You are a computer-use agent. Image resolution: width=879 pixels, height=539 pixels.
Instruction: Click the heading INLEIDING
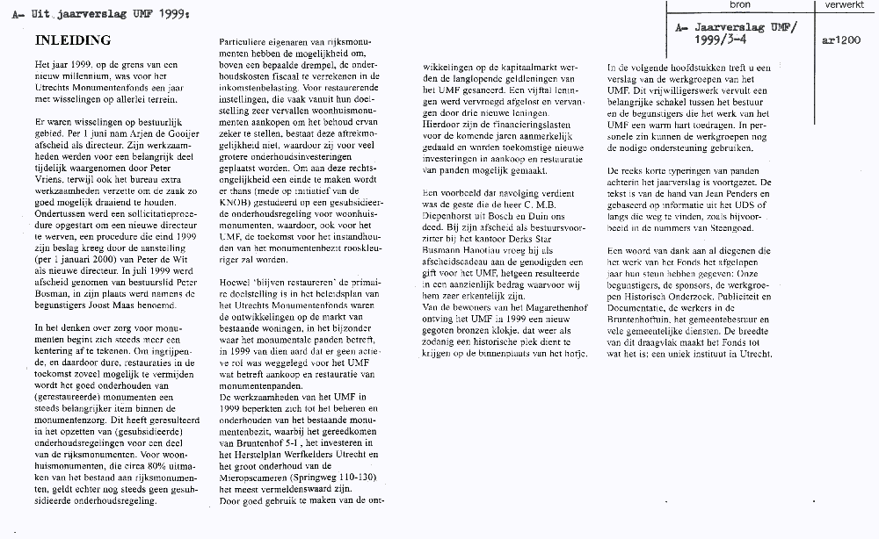point(72,41)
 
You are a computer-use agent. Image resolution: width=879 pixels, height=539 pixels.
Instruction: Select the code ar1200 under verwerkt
point(840,40)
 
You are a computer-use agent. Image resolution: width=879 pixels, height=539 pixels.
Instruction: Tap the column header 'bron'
point(740,5)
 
